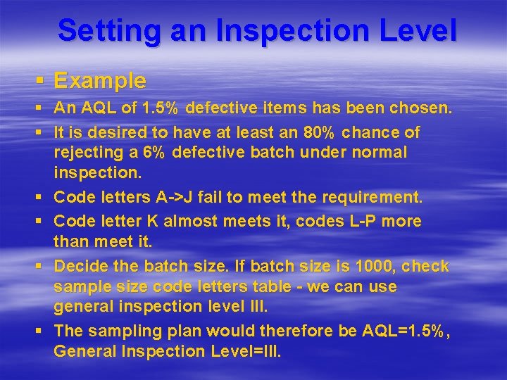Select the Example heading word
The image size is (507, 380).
pyautogui.click(x=100, y=81)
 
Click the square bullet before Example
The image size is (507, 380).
pyautogui.click(x=41, y=81)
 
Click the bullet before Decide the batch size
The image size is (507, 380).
pyautogui.click(x=41, y=266)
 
